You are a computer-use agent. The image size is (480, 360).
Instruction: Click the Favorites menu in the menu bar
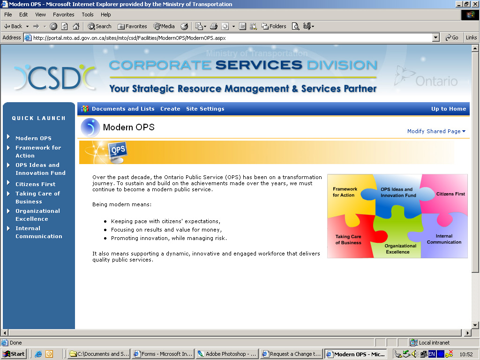point(63,15)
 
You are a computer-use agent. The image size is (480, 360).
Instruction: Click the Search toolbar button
point(99,26)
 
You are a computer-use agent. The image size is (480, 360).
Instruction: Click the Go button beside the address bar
point(452,37)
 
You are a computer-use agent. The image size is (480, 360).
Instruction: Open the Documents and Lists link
point(123,109)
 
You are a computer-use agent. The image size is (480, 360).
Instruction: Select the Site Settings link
point(205,109)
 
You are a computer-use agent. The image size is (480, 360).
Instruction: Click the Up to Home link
point(449,109)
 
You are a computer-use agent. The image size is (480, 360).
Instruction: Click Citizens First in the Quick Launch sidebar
point(36,184)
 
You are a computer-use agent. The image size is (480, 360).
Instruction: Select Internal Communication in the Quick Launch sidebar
point(39,232)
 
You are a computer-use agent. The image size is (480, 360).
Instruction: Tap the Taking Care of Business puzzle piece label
point(348,240)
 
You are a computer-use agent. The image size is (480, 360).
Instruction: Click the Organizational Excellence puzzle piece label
point(400,249)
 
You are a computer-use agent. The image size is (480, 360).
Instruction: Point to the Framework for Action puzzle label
point(345,192)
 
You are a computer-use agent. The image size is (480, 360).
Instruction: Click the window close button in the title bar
point(475,4)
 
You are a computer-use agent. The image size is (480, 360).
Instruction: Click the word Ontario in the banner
point(436,81)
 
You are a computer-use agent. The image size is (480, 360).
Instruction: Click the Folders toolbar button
point(274,26)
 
